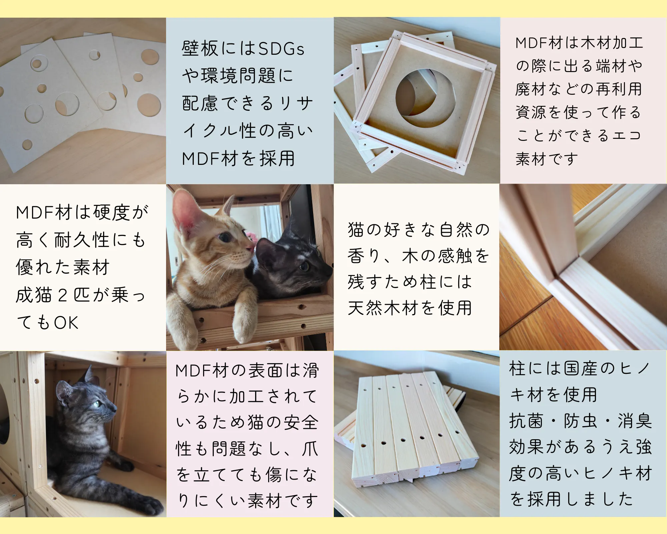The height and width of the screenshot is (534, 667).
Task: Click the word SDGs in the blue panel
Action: click(281, 49)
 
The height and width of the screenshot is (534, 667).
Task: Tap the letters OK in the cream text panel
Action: click(66, 323)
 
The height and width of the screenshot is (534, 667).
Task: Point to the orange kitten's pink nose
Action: click(250, 249)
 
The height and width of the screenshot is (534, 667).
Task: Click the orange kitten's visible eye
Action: click(226, 237)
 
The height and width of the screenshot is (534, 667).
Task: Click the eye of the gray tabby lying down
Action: click(97, 404)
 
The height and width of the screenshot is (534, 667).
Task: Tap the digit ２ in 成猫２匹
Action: click(63, 295)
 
